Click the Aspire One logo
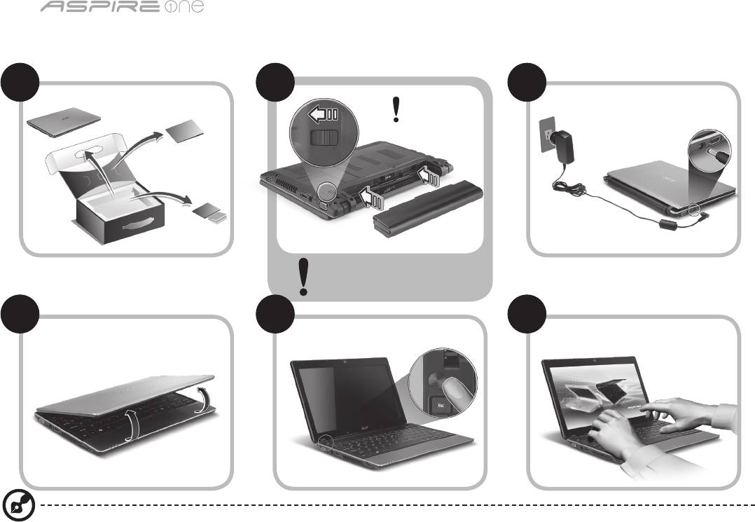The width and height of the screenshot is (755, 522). tap(122, 7)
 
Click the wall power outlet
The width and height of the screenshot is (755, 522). tap(546, 135)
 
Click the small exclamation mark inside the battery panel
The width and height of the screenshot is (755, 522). tap(396, 109)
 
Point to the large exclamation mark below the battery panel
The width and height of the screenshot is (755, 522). tap(303, 277)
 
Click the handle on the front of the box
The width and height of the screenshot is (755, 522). tap(139, 224)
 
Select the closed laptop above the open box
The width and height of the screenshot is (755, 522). tap(64, 121)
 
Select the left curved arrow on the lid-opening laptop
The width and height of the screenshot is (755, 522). tap(132, 424)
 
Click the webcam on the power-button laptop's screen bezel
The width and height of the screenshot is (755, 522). tap(345, 362)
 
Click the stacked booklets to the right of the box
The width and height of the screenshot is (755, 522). tap(210, 213)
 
